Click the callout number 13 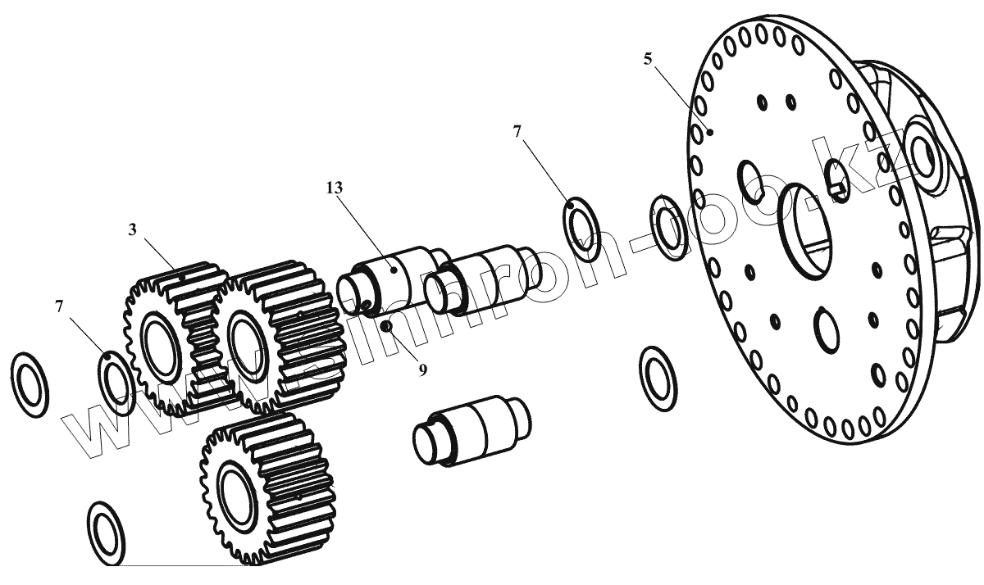point(334,188)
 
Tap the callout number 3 point(132,229)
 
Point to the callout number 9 point(422,370)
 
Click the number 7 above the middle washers point(517,131)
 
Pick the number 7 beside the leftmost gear point(59,306)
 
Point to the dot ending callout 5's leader point(710,132)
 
